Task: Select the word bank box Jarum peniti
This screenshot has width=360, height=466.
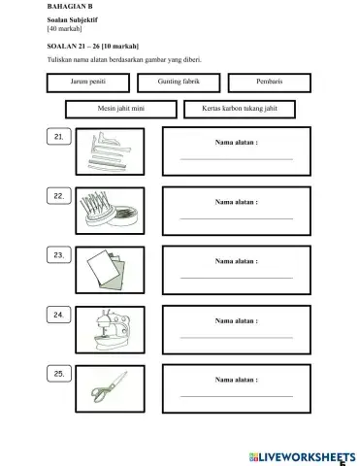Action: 87,83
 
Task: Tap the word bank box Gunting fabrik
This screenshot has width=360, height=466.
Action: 178,83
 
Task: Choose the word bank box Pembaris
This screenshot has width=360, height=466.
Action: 270,83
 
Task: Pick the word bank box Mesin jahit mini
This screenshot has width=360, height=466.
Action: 121,109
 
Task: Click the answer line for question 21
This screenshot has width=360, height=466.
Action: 236,159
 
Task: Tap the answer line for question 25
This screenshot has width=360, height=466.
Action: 236,396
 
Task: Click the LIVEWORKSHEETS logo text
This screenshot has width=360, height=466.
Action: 302,455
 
